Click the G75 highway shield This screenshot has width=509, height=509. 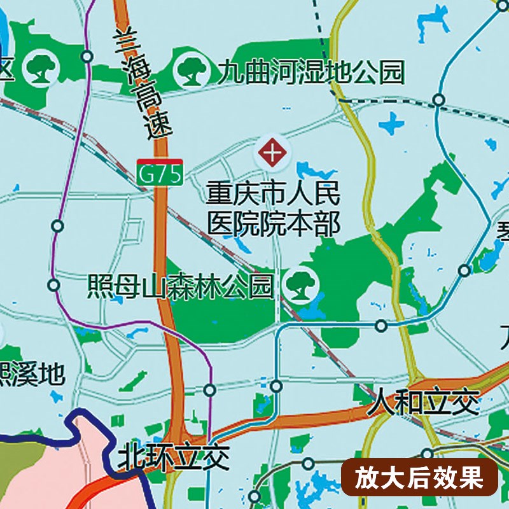tap(160, 174)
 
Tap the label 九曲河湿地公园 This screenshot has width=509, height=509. tap(310, 72)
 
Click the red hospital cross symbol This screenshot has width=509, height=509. tap(272, 153)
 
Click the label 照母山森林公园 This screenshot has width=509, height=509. tap(181, 286)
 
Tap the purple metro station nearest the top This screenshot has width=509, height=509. tap(87, 57)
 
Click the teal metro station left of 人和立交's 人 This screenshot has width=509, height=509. tap(276, 386)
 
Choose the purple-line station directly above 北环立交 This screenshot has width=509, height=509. tap(210, 389)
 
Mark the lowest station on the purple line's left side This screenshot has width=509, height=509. tap(54, 284)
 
